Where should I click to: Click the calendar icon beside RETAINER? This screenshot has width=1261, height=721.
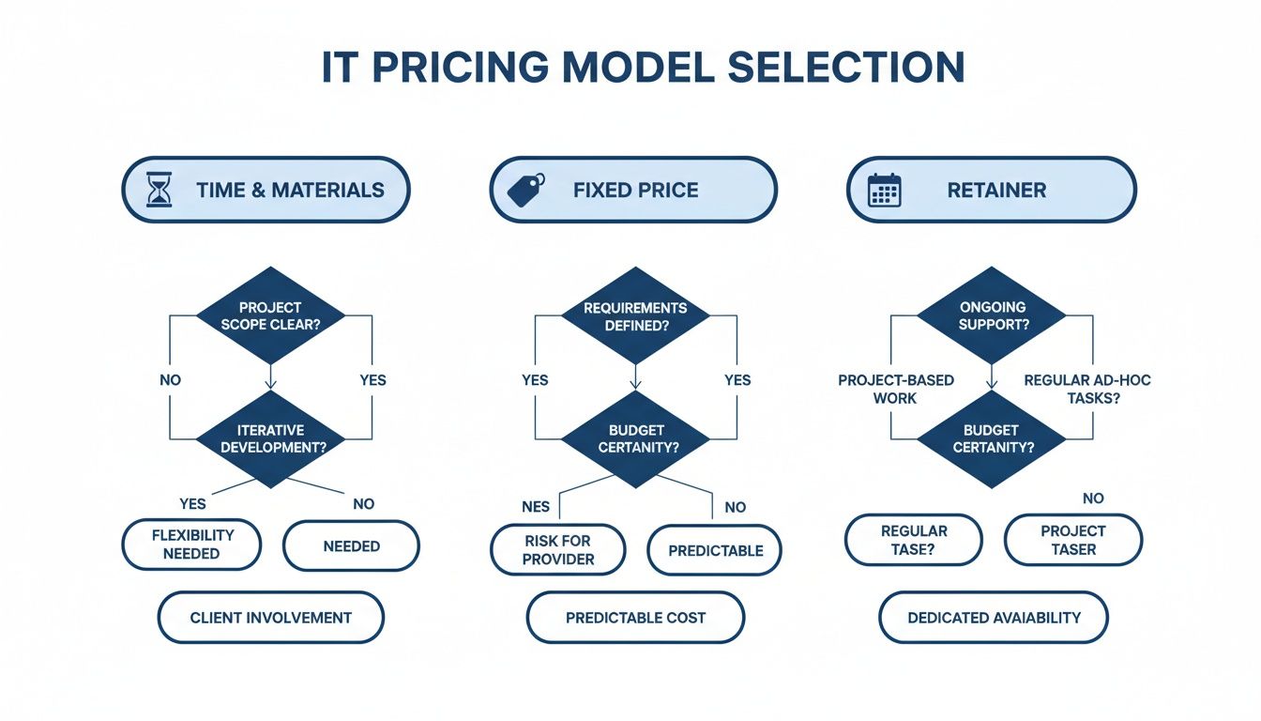[x=884, y=191]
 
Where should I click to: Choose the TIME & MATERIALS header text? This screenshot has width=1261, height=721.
[x=290, y=191]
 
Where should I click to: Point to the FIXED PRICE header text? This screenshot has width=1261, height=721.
[x=635, y=191]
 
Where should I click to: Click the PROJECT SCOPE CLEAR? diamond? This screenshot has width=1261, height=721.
[x=271, y=315]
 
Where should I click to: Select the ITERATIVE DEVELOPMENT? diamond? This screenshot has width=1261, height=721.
[x=271, y=438]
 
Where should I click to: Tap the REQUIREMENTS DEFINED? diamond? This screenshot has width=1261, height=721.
[x=634, y=315]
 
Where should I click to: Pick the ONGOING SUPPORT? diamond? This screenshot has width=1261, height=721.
[x=992, y=315]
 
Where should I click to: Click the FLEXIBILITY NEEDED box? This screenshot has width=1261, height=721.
[x=191, y=544]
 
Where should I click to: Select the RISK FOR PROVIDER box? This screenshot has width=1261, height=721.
[x=558, y=549]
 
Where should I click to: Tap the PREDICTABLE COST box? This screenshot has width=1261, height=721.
[x=635, y=618]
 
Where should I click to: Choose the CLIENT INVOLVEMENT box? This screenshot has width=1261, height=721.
[x=270, y=618]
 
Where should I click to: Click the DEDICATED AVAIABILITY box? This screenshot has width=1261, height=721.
[x=993, y=618]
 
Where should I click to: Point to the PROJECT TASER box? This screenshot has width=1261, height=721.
[x=1072, y=540]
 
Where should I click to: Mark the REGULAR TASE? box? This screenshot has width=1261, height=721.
[x=913, y=540]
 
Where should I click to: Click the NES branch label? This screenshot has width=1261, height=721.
[x=536, y=507]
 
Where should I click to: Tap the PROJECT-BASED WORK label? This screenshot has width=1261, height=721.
[x=895, y=389]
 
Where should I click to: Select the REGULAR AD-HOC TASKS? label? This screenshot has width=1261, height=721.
[x=1086, y=389]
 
